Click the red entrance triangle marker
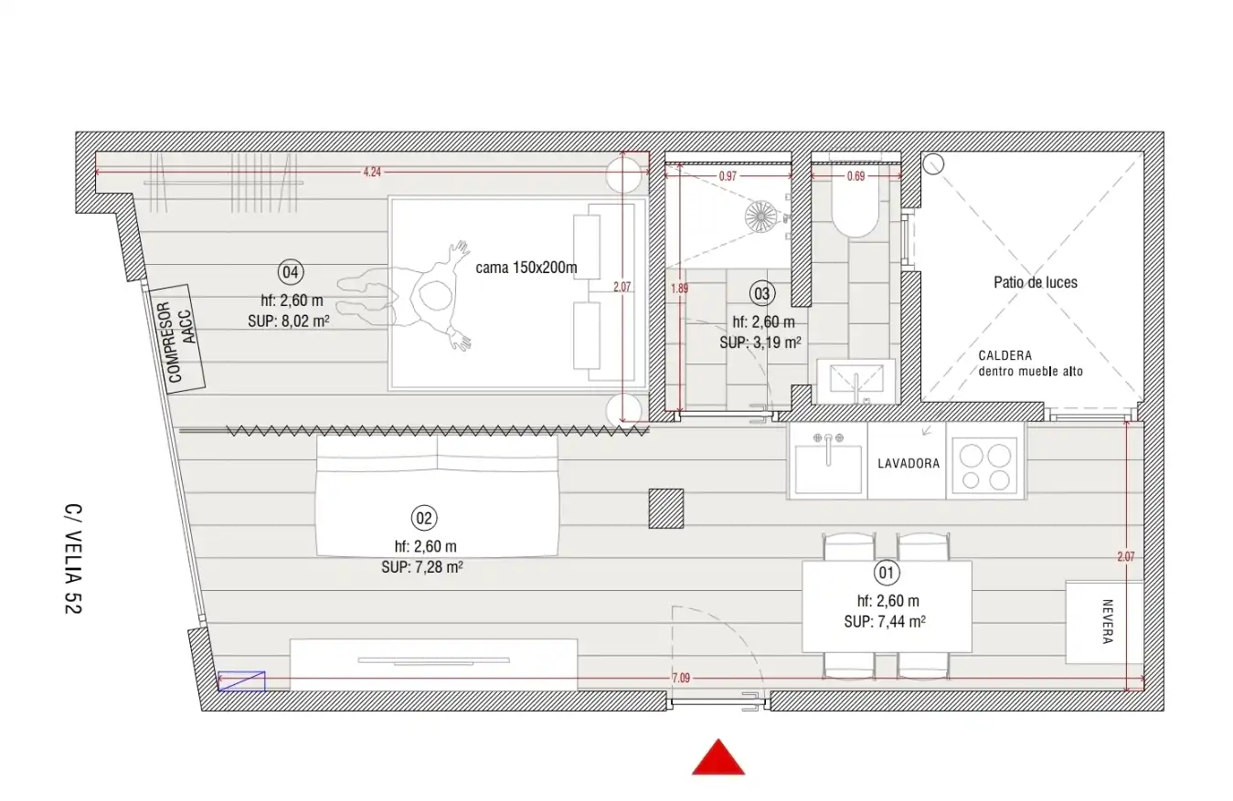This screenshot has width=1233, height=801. coord(718,759)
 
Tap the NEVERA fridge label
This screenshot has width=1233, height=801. coord(1108,622)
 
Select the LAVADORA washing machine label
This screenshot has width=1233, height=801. coord(909,464)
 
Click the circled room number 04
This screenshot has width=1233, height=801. coord(290,272)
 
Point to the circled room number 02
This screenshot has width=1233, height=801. coord(424,518)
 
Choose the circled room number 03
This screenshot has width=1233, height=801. coord(761,294)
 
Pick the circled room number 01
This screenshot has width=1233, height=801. coord(887,573)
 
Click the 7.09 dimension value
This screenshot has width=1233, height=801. coord(681,679)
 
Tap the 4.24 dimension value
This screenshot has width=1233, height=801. coord(372,173)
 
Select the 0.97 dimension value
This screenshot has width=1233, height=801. coord(728,176)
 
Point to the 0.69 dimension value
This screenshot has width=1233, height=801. coord(856,176)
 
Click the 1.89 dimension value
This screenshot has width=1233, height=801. coord(680,289)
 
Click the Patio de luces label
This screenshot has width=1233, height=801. coord(1036,282)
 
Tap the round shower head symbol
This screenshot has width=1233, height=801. coord(761,216)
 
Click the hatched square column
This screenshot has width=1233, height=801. coord(666,509)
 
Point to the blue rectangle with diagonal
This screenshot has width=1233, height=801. coord(241,681)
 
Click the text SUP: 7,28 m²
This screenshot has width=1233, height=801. coord(422,567)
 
